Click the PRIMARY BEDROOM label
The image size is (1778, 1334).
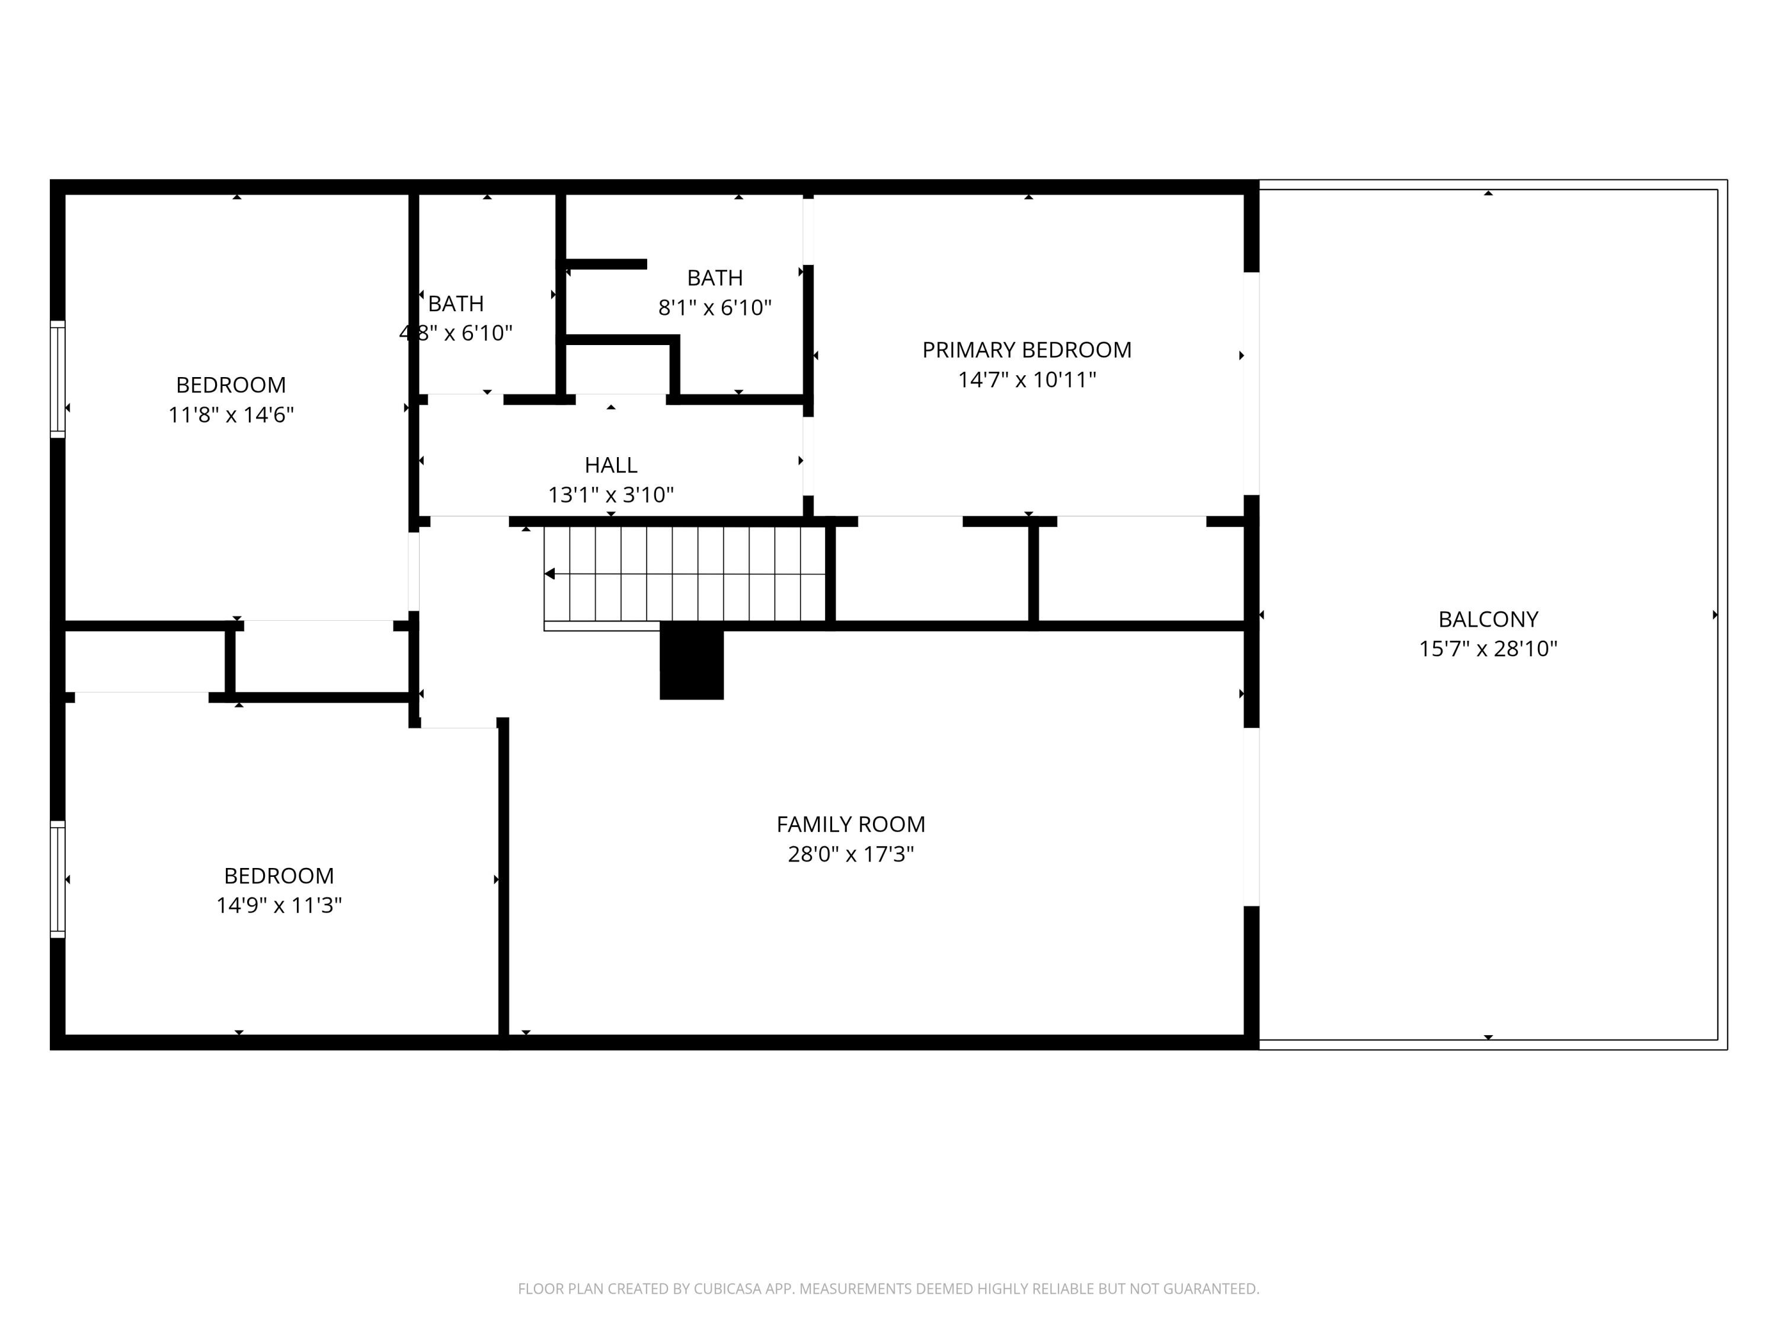click(1026, 350)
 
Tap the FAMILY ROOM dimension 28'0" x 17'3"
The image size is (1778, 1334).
click(850, 854)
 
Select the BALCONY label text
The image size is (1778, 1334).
click(1488, 619)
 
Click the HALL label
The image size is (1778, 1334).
click(611, 465)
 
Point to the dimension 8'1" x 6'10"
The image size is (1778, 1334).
click(715, 308)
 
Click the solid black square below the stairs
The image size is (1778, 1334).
click(691, 664)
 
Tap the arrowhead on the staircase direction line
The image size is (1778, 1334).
click(550, 574)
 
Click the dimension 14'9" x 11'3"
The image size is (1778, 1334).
click(279, 905)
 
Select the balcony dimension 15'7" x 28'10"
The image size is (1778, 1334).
click(1488, 649)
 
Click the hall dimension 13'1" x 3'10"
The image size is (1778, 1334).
click(611, 494)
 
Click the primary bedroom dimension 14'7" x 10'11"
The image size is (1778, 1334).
click(1026, 379)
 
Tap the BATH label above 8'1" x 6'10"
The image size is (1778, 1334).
click(715, 278)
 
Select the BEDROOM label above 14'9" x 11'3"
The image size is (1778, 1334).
click(279, 876)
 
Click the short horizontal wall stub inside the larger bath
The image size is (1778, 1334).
click(607, 264)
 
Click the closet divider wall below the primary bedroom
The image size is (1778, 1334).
click(1034, 573)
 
